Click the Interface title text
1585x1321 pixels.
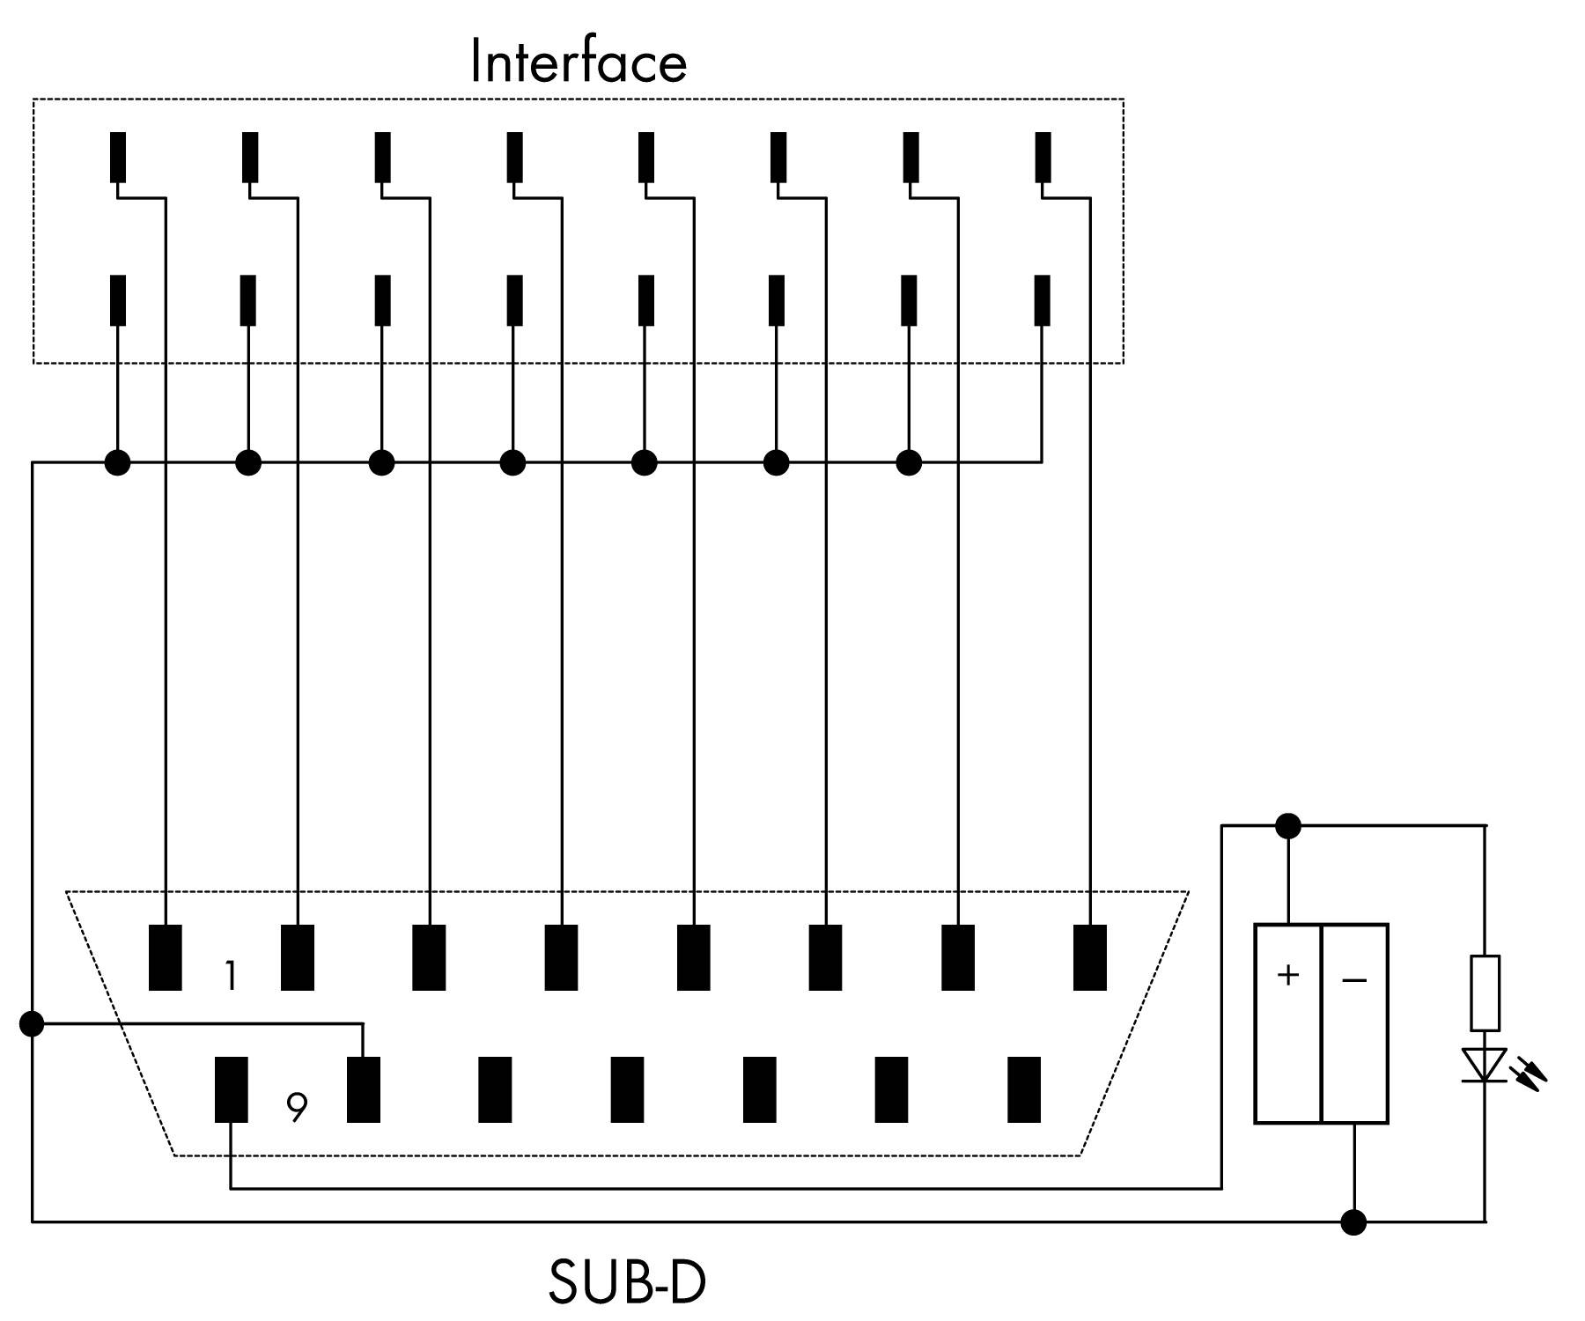point(579,61)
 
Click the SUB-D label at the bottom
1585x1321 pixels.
point(627,1282)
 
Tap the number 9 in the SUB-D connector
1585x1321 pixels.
point(298,1107)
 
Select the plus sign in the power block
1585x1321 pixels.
point(1287,975)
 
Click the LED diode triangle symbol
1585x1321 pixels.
point(1485,1064)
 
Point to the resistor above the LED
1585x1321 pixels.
point(1485,993)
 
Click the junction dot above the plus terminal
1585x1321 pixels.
point(1287,826)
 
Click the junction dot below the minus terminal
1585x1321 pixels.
point(1353,1221)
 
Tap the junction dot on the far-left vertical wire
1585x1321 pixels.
point(32,1023)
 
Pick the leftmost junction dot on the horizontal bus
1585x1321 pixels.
point(117,461)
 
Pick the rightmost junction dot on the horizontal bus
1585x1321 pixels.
point(909,461)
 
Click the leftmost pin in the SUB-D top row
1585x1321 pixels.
point(166,957)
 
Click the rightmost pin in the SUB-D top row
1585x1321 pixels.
point(1090,957)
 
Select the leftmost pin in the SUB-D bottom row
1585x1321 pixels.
point(231,1089)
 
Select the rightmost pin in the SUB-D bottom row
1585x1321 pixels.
point(1023,1089)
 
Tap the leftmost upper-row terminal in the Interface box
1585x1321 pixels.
point(117,157)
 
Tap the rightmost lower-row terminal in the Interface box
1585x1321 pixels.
point(1042,300)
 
